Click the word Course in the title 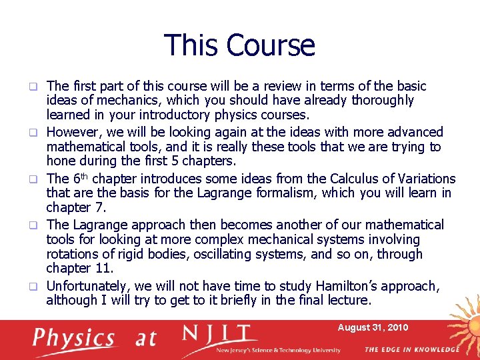(270, 45)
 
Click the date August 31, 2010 (373, 328)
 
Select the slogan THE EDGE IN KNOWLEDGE (411, 349)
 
